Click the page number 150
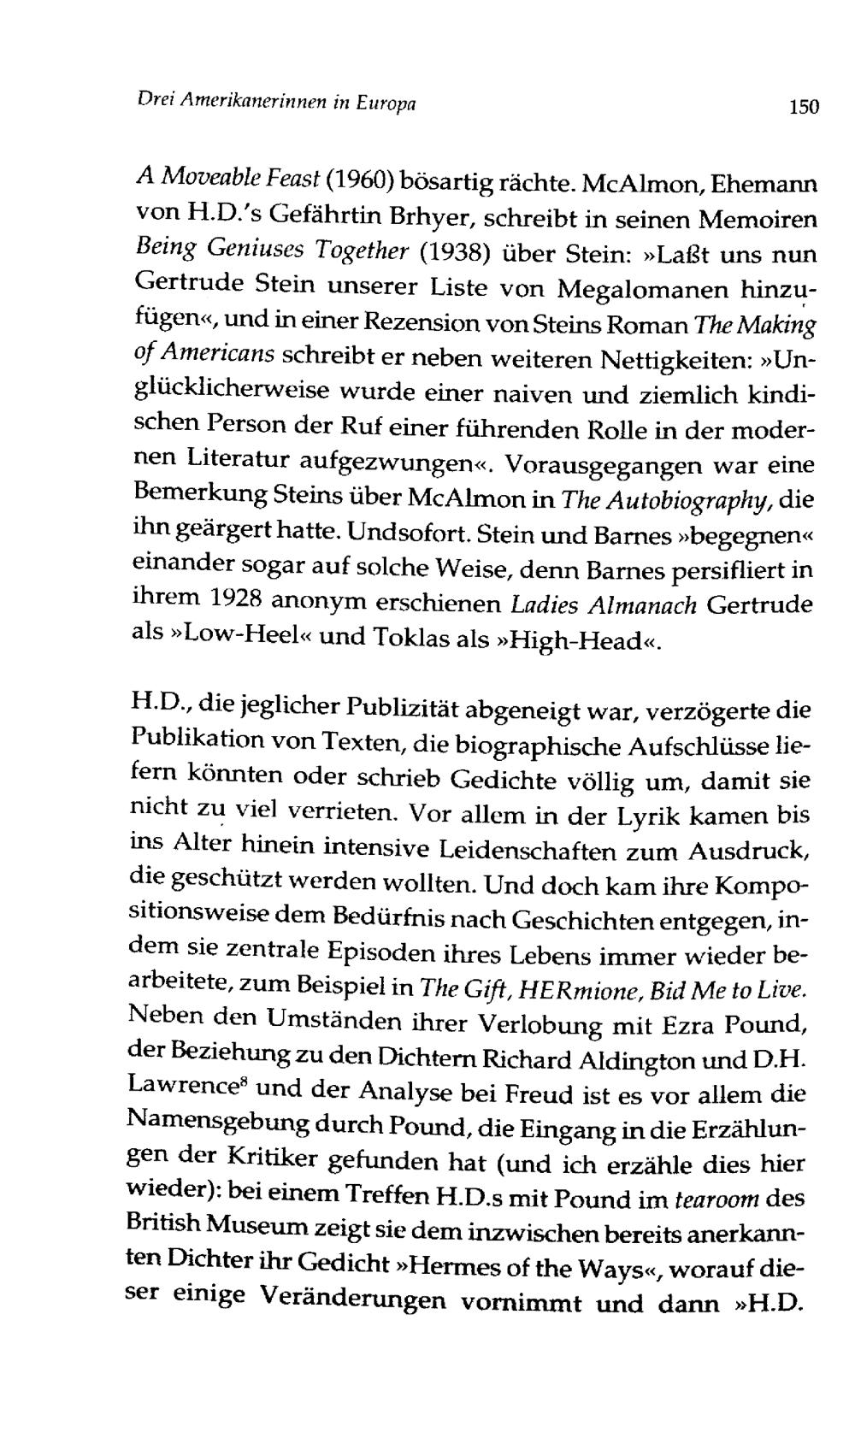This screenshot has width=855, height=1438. pos(804,107)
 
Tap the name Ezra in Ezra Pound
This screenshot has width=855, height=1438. pos(667,1024)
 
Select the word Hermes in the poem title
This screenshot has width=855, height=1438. pos(457,1268)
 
